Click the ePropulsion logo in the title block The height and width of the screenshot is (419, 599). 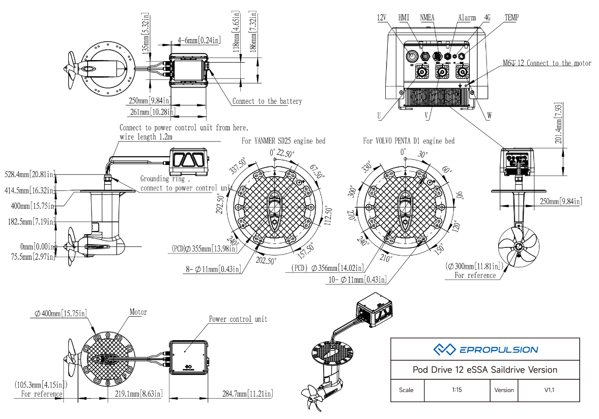485,349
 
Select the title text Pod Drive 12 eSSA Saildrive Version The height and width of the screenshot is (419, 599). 484,370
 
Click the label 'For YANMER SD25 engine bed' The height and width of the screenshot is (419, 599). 283,141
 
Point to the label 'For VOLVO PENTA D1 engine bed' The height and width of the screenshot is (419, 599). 408,141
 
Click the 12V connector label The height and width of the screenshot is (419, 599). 382,18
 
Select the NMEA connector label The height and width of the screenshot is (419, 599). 427,18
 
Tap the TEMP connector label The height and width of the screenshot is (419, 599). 511,18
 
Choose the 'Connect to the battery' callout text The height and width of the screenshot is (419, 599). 267,101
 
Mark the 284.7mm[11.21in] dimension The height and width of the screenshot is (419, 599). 247,394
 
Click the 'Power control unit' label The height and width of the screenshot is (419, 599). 238,319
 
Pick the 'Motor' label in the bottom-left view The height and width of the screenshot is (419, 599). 138,312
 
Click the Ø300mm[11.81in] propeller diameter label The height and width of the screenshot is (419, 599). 474,266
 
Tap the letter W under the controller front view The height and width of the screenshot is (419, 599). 489,116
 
